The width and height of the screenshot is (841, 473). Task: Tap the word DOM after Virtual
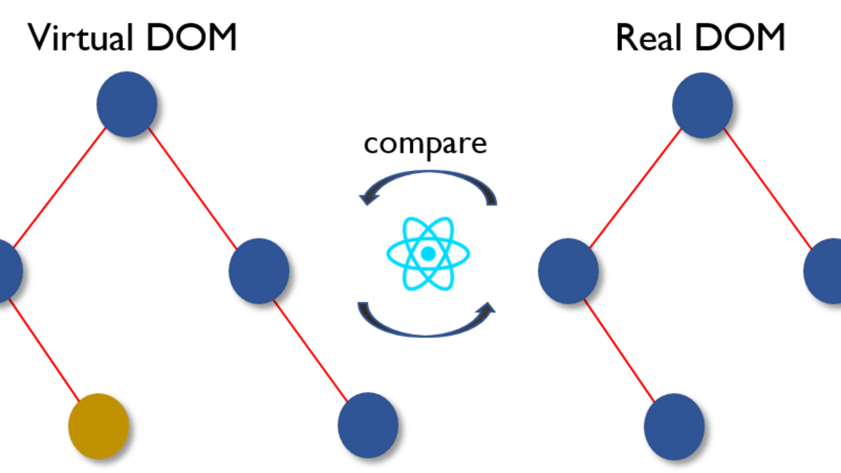(x=191, y=38)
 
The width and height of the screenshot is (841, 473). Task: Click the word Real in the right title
(x=649, y=38)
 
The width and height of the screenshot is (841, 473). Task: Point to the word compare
(x=425, y=144)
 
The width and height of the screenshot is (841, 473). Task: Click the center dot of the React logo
(x=428, y=254)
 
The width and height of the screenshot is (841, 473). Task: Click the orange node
(x=98, y=425)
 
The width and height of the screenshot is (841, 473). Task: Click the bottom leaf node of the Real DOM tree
(x=673, y=425)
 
